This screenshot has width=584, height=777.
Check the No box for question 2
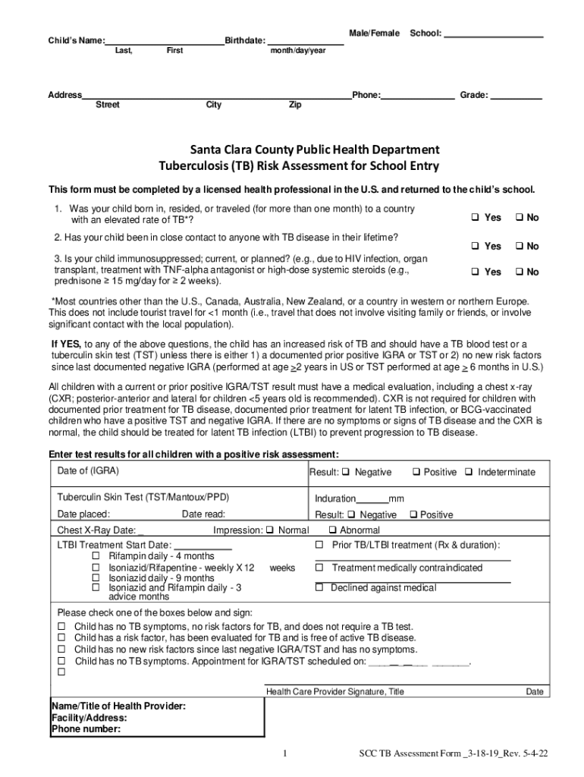[520, 246]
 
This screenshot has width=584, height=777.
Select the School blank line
[493, 34]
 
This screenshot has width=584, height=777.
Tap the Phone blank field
[418, 96]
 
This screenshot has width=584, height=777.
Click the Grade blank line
[516, 96]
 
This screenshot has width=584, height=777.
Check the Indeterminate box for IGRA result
[469, 472]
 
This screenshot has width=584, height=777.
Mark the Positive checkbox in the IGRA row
[416, 472]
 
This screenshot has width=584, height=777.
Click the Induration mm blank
[372, 499]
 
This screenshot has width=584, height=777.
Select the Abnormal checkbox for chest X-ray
[332, 530]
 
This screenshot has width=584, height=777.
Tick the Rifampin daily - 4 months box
[96, 556]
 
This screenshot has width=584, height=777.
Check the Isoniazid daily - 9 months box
[96, 578]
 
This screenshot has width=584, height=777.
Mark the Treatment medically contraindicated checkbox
[319, 568]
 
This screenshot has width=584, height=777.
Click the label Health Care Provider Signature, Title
[334, 692]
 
